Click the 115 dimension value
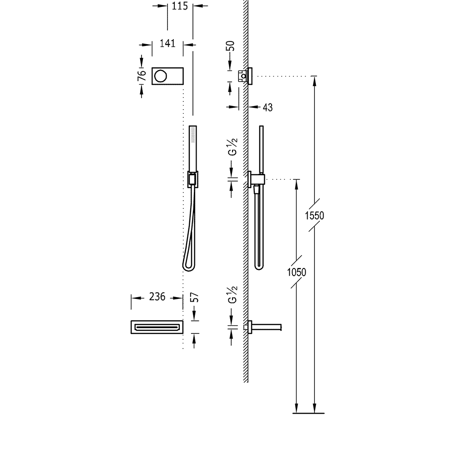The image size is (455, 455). [x=180, y=6]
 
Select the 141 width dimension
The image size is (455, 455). [x=167, y=44]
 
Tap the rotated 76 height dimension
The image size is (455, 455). [x=142, y=76]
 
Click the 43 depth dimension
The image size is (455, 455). [x=268, y=107]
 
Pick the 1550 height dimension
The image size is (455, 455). [x=314, y=216]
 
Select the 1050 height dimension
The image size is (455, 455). [x=297, y=272]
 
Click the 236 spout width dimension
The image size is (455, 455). [x=157, y=297]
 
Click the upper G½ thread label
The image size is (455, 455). [x=233, y=147]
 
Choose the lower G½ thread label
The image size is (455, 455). [x=233, y=294]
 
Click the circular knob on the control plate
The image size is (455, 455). [x=161, y=76]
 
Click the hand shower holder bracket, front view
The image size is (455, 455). [x=192, y=179]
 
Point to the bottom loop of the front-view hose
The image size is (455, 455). [x=189, y=268]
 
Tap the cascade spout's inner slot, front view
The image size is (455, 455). [x=157, y=327]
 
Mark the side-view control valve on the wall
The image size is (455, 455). [x=245, y=76]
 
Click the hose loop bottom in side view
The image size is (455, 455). [x=259, y=267]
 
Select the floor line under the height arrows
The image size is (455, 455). [x=308, y=413]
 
